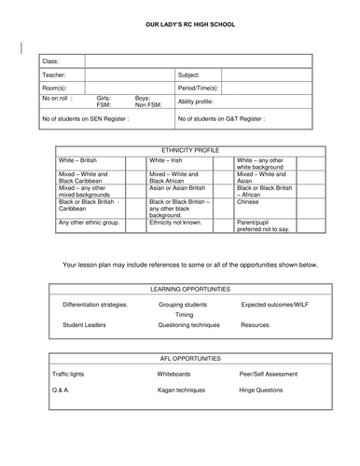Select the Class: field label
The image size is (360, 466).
pyautogui.click(x=51, y=61)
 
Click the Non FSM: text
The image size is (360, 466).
pyautogui.click(x=148, y=105)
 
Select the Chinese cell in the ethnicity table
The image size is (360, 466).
pyautogui.click(x=248, y=200)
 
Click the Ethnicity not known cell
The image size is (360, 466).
pyautogui.click(x=177, y=223)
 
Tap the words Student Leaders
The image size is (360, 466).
pyautogui.click(x=84, y=325)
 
